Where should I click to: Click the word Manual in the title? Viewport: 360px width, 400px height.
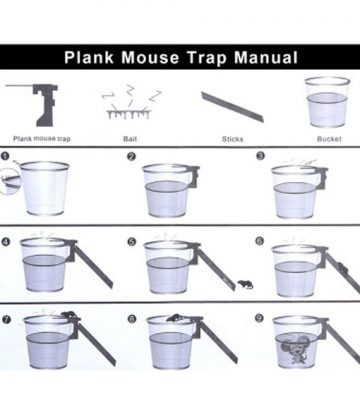[x=266, y=57]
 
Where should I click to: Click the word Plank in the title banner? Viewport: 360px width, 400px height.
[x=89, y=57]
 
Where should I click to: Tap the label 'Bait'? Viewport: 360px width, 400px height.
[x=130, y=139]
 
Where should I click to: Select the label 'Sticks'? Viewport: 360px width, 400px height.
[x=232, y=139]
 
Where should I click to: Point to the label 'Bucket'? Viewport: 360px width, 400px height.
[x=329, y=139]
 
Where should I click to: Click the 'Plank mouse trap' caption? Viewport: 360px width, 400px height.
[x=42, y=138]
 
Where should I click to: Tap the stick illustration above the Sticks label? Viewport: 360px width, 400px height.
[x=232, y=107]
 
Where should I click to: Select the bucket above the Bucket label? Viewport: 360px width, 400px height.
[x=327, y=102]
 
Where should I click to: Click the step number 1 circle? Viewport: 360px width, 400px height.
[x=5, y=156]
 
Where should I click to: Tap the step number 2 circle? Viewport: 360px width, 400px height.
[x=132, y=156]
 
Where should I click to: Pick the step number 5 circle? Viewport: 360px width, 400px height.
[x=132, y=242]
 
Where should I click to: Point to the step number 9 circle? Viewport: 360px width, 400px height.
[x=259, y=318]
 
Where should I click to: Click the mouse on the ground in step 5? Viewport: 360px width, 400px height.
[x=245, y=285]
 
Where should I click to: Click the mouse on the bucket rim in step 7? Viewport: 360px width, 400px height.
[x=69, y=314]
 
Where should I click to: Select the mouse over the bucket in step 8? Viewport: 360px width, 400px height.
[x=174, y=318]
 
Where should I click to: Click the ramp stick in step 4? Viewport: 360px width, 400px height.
[x=93, y=266]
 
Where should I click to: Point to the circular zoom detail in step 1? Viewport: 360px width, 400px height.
[x=10, y=181]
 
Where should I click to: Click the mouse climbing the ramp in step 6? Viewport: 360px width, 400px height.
[x=341, y=267]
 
